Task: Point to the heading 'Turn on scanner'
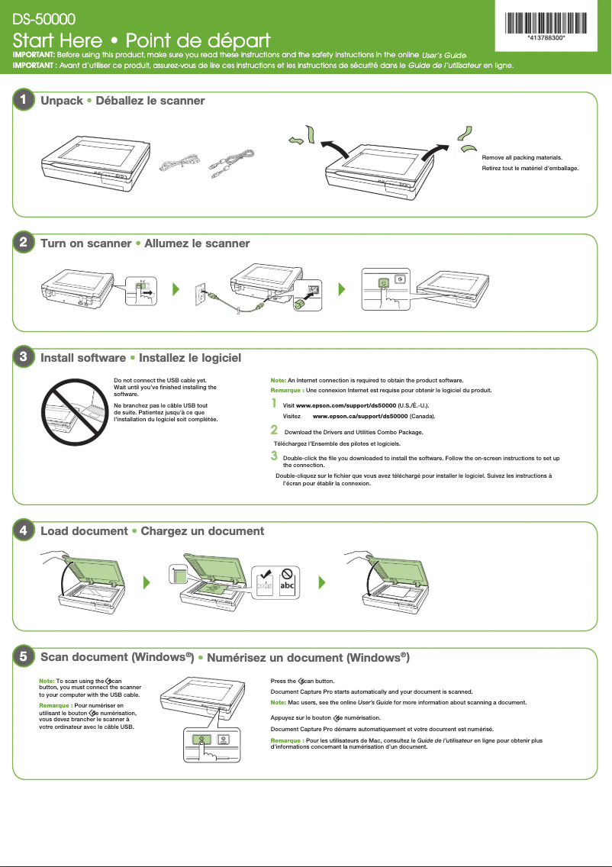85,243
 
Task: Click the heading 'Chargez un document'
202,530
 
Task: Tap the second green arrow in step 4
321,582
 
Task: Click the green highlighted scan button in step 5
201,740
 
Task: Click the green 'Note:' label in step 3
279,379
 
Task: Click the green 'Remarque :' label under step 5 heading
55,706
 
